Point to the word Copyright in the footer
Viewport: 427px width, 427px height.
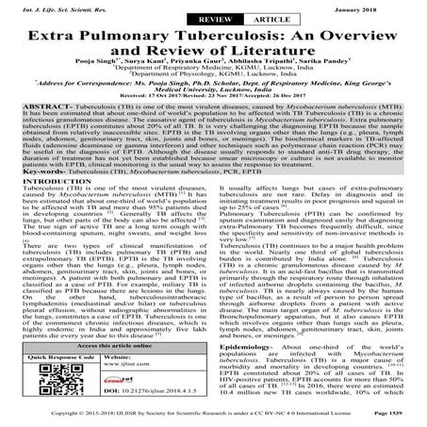[x=34, y=416]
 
